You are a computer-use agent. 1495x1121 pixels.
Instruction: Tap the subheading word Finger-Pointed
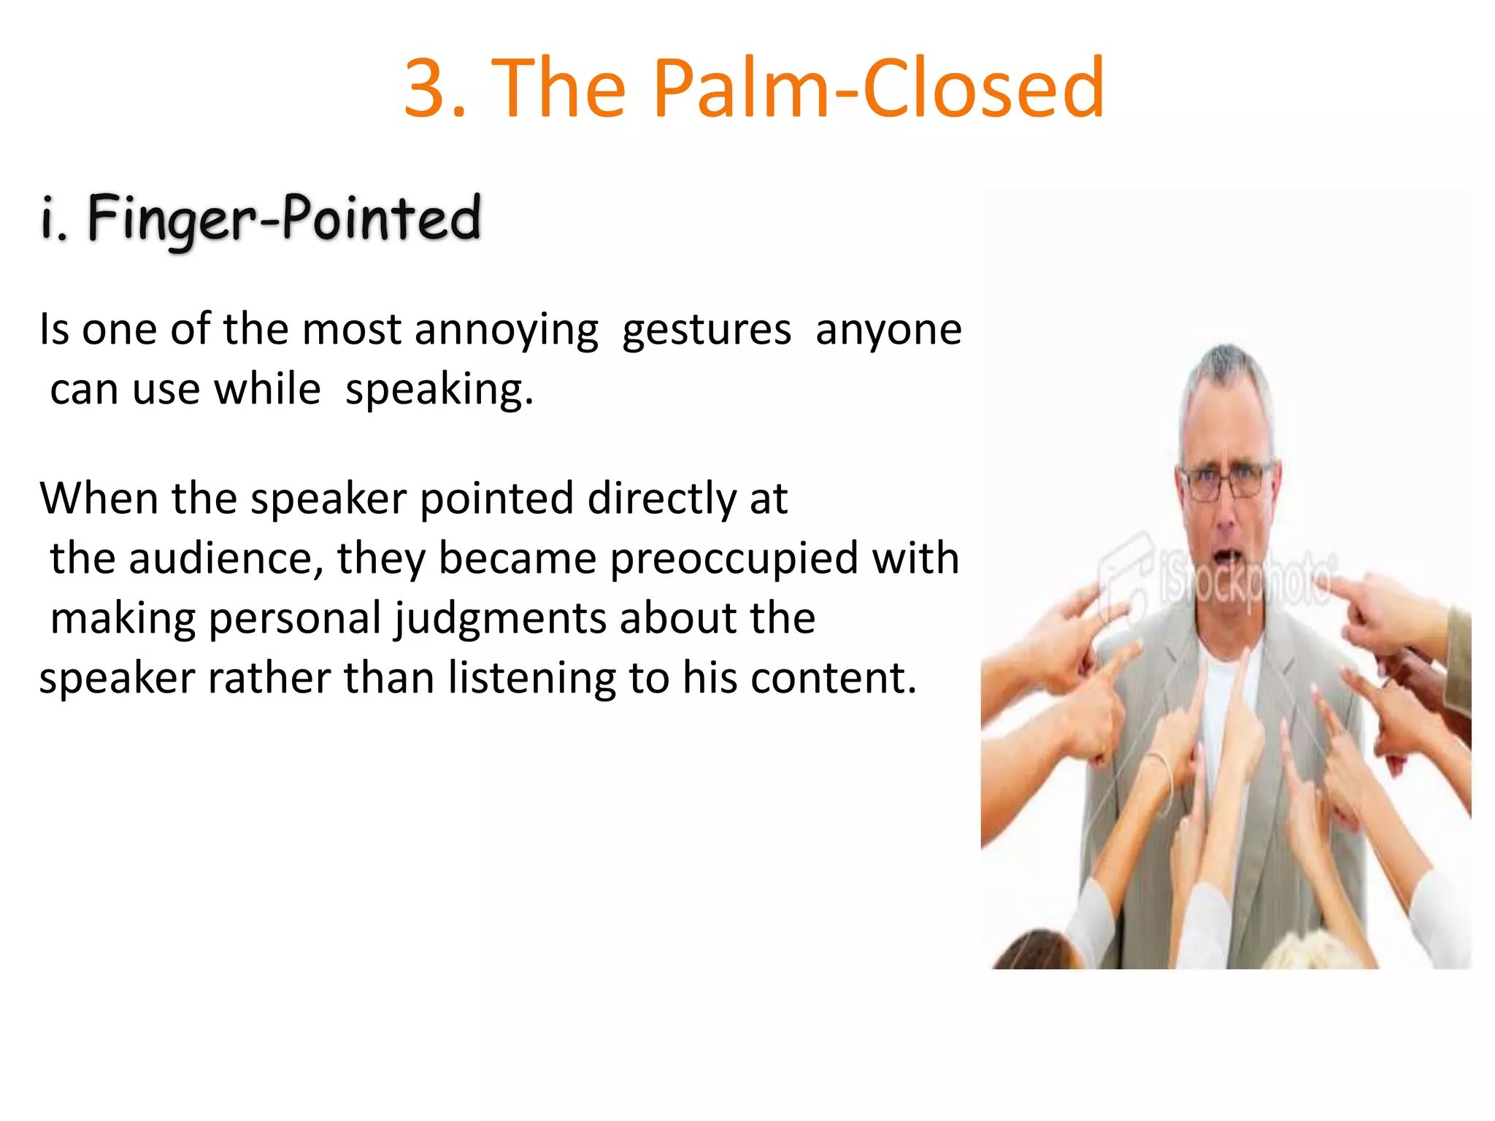[284, 217]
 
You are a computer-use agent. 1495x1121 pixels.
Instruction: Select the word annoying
[507, 330]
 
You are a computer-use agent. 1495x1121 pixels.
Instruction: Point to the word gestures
[707, 330]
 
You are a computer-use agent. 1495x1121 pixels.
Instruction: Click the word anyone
[888, 330]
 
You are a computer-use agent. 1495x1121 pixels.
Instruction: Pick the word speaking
[439, 390]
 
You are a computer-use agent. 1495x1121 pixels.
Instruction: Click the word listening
[532, 679]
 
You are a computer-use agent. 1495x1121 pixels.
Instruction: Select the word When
[99, 499]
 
